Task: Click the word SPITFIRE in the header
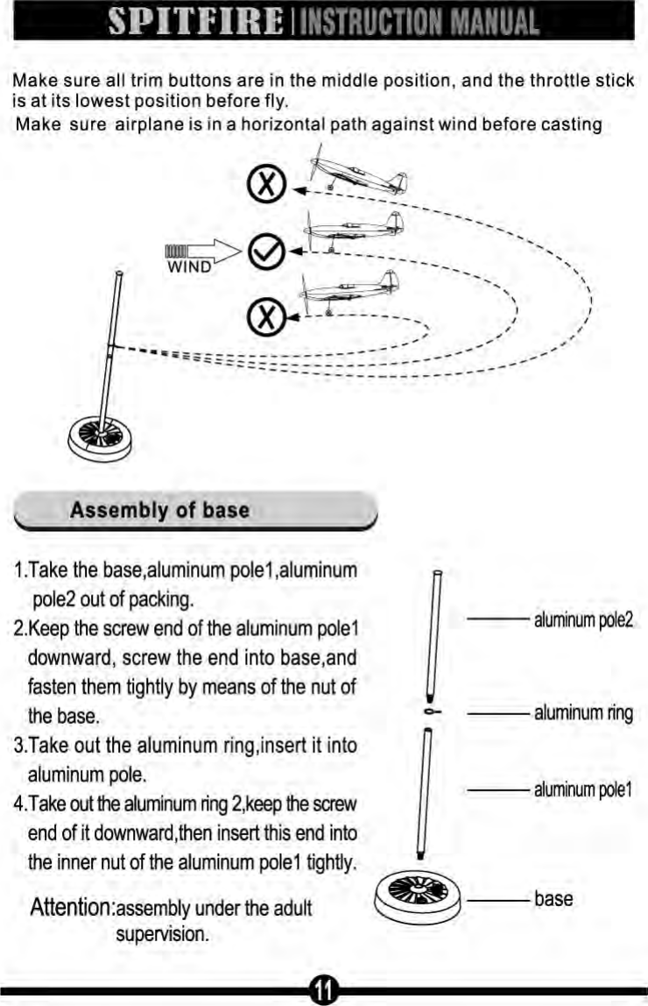194,20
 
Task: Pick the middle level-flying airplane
354,230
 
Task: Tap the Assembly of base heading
159,510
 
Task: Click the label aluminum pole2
583,620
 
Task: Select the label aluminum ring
583,712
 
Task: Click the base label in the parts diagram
553,898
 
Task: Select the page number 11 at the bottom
324,989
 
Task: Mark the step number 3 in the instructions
19,746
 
